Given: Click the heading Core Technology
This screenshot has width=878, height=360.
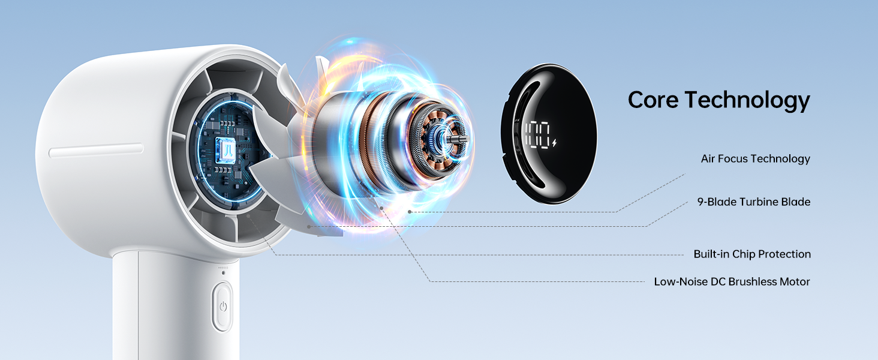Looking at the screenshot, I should click(718, 100).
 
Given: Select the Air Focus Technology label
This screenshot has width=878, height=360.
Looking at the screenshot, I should click(755, 159).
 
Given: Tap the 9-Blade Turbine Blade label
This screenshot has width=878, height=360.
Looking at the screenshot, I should click(753, 202).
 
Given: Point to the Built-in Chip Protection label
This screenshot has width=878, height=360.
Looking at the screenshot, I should click(752, 254).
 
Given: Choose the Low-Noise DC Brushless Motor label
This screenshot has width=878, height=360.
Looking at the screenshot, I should click(732, 282).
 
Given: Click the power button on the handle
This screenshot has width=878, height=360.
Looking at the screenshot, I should click(222, 307).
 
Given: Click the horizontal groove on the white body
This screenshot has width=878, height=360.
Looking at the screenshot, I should click(96, 151).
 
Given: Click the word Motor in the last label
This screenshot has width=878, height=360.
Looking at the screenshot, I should click(795, 282).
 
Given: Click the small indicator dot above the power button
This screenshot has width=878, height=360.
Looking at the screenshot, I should click(224, 273).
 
